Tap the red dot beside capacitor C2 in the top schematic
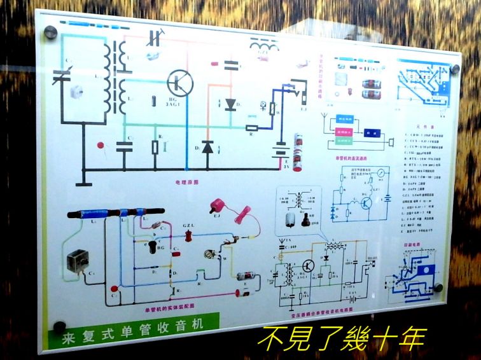pos(101,146)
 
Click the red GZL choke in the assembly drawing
pos(189,237)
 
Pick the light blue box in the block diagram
pos(344,119)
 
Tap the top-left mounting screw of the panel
pos(49,32)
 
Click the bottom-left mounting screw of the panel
pos(60,327)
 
